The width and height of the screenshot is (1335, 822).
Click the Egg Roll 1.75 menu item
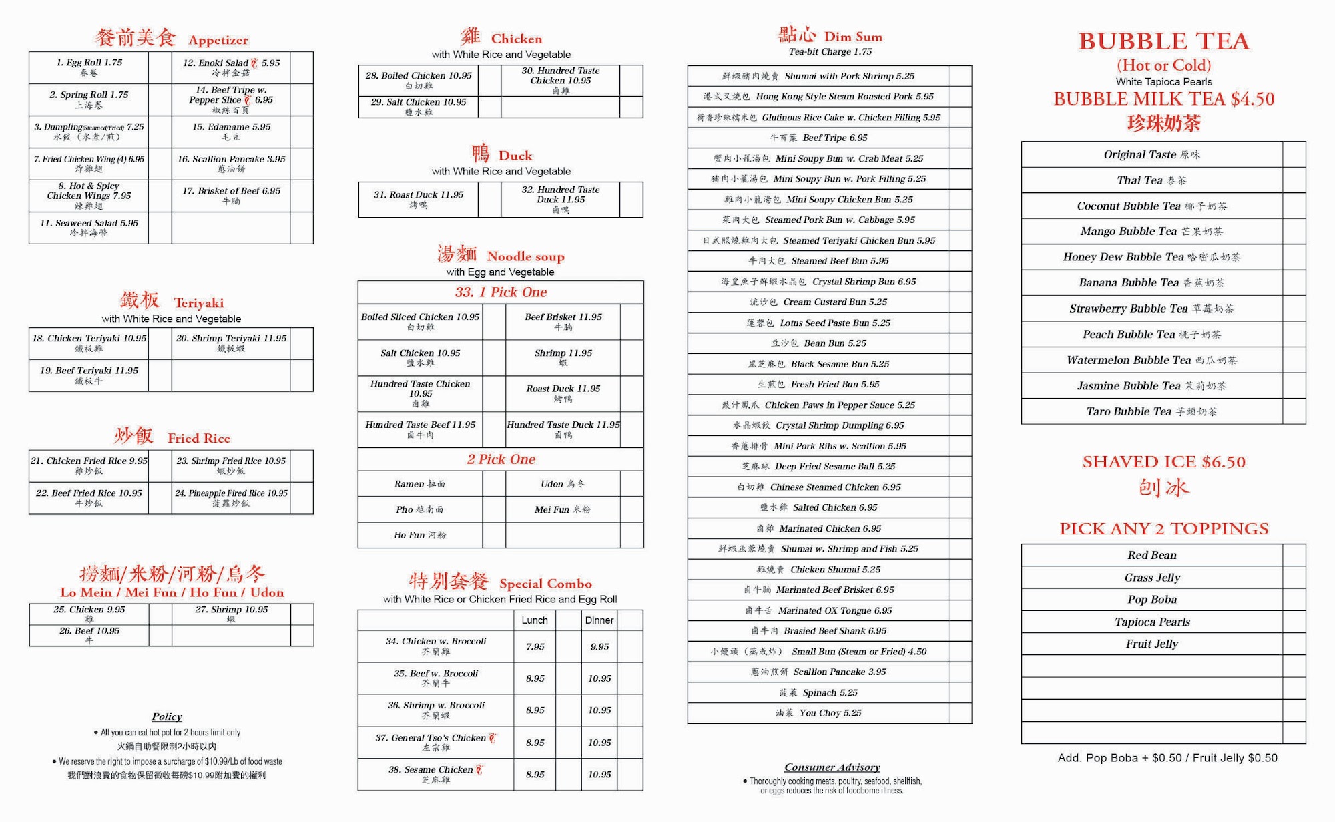pos(89,63)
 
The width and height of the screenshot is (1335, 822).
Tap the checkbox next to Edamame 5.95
pos(301,132)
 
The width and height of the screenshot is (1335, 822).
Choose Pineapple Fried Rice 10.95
pos(231,493)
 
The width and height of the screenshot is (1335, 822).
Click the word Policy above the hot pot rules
pos(167,716)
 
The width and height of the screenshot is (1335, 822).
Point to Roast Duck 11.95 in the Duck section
pos(419,195)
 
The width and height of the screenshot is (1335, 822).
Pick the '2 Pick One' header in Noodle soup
pos(501,459)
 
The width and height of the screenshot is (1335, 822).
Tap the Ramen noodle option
pos(419,484)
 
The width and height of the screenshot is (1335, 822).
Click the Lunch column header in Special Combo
pos(535,620)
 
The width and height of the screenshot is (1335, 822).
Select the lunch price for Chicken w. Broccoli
pos(535,646)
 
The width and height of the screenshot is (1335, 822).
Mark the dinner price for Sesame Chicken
pos(599,775)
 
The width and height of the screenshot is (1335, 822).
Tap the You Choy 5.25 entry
pos(818,713)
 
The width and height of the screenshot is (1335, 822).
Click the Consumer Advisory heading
pos(832,767)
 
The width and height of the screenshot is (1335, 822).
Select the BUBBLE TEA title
pos(1163,41)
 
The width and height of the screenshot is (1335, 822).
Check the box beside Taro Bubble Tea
pos(1294,411)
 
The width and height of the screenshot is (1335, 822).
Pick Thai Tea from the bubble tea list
pos(1151,180)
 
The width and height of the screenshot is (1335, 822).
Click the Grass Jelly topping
pos(1152,578)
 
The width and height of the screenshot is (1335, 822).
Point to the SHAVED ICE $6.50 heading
pos(1163,462)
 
